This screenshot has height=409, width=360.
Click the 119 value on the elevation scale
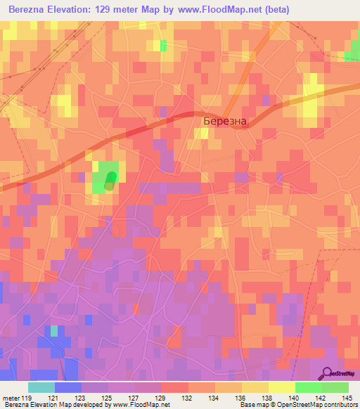(27, 398)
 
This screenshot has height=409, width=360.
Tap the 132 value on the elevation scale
(188, 398)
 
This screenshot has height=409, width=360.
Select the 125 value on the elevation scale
(108, 398)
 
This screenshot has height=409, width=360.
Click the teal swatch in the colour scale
(41, 387)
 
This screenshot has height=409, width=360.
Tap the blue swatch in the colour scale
(68, 387)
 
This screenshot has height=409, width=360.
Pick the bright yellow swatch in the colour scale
(281, 387)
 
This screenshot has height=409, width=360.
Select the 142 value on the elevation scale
(321, 398)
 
